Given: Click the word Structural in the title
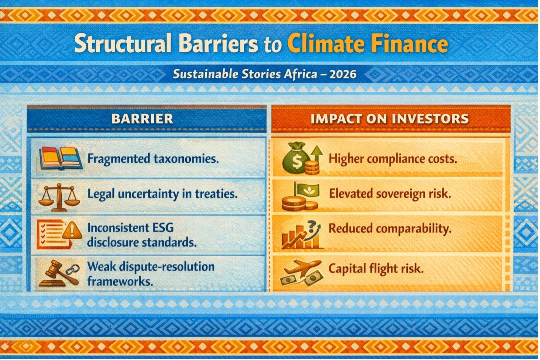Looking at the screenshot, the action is [123, 43].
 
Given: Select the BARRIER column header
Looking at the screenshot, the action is [142, 118].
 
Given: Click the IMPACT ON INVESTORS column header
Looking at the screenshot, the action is [390, 118].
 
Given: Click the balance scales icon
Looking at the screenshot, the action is [59, 197].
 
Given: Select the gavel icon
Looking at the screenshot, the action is [59, 273].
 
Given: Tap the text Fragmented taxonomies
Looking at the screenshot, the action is [153, 159].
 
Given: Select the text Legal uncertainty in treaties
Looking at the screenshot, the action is [162, 194].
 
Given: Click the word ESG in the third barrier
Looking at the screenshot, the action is [163, 228].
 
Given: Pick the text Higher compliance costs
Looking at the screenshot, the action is [393, 159].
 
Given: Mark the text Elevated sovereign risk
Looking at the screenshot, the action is [390, 194].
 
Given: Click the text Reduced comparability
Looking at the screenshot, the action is [390, 228].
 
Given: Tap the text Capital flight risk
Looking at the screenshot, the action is [376, 269].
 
